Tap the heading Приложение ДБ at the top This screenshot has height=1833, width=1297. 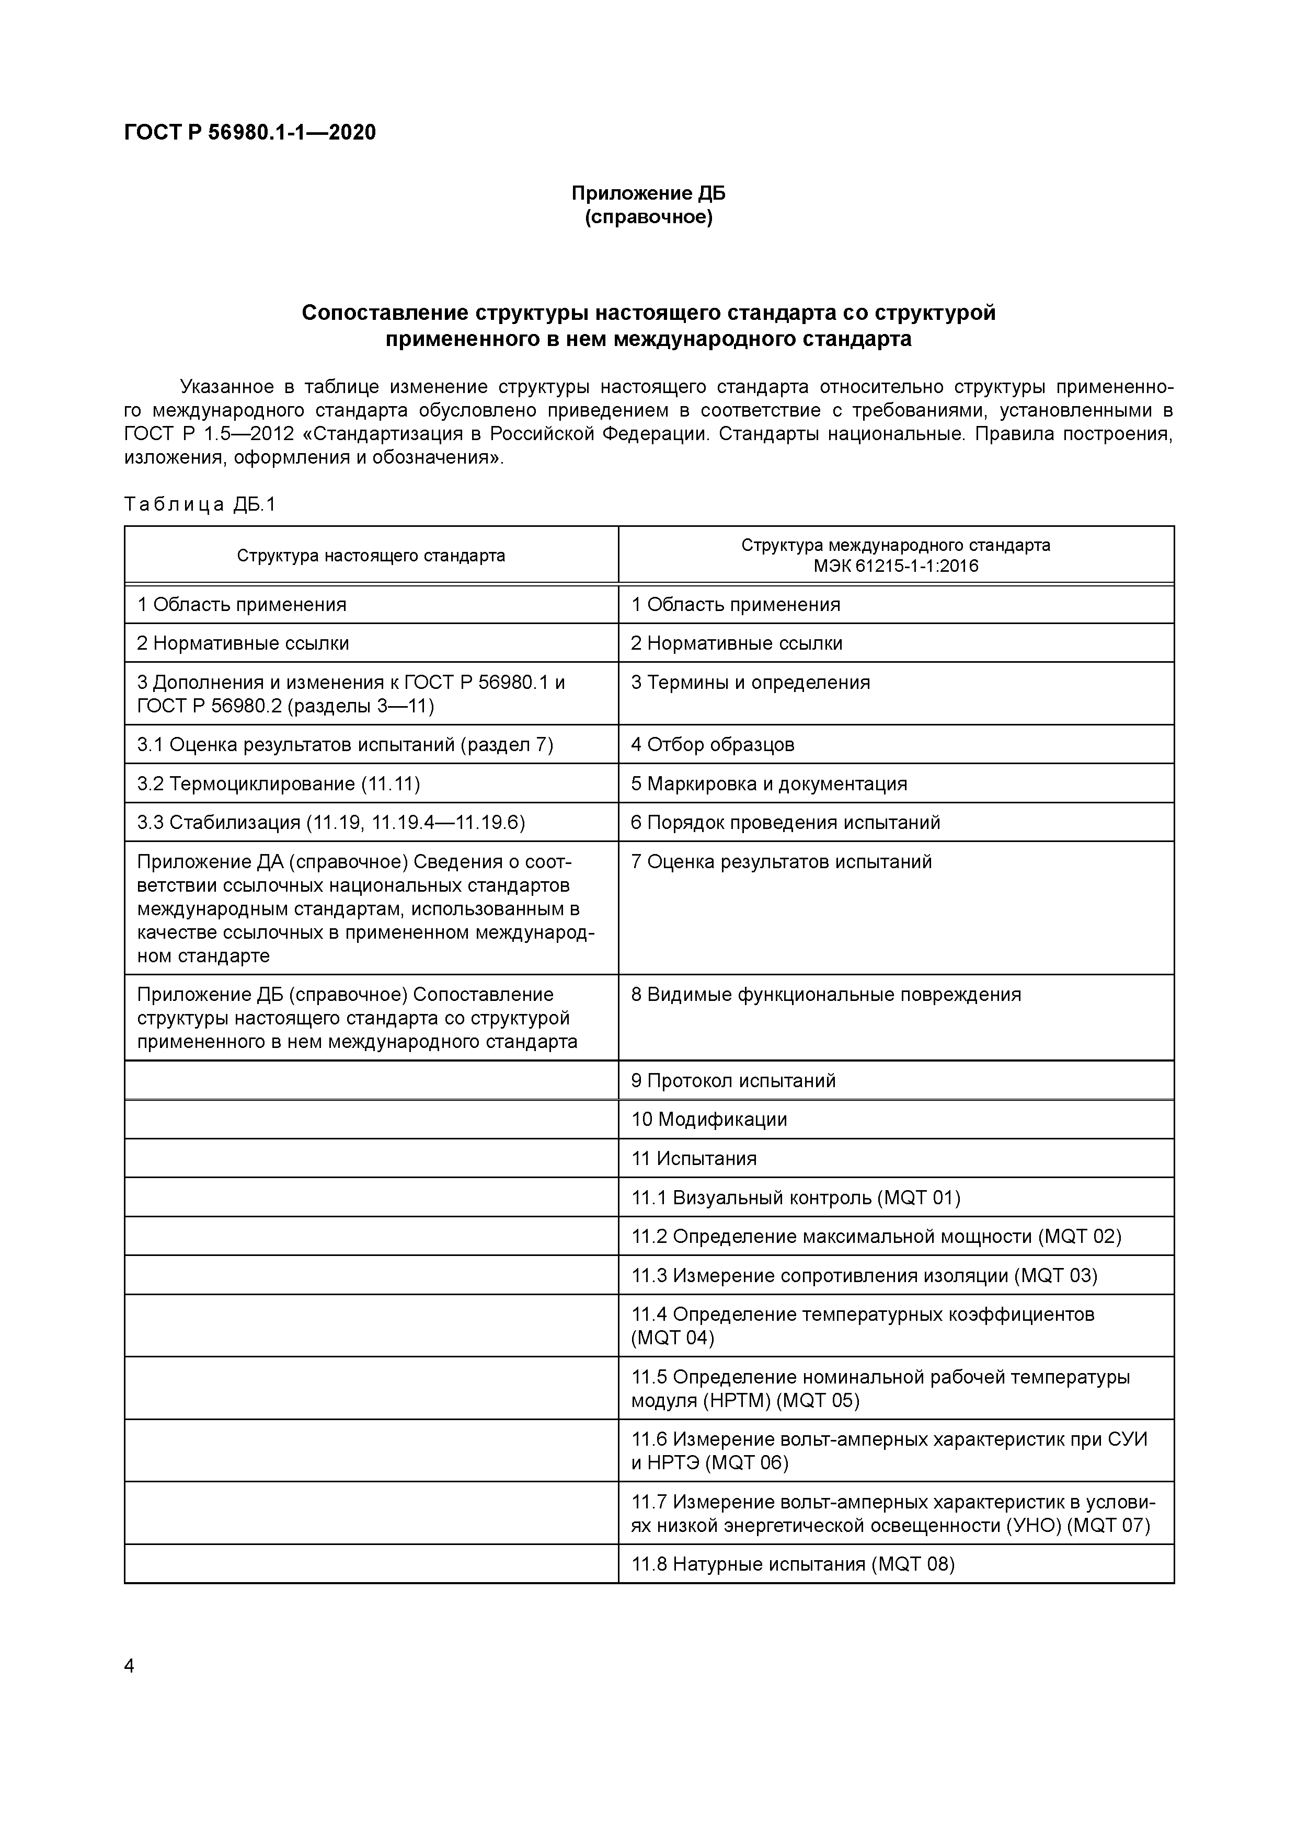tap(648, 193)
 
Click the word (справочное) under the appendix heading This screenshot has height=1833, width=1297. tap(648, 217)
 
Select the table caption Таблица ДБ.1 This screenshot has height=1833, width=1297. tap(200, 504)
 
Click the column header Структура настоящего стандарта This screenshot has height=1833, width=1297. tap(371, 556)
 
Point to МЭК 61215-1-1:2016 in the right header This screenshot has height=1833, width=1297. tap(896, 566)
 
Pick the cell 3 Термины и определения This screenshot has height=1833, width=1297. tap(750, 683)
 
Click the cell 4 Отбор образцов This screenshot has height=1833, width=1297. tap(713, 745)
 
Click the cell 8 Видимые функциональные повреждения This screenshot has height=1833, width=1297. tap(826, 995)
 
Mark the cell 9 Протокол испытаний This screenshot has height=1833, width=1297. tap(733, 1081)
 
